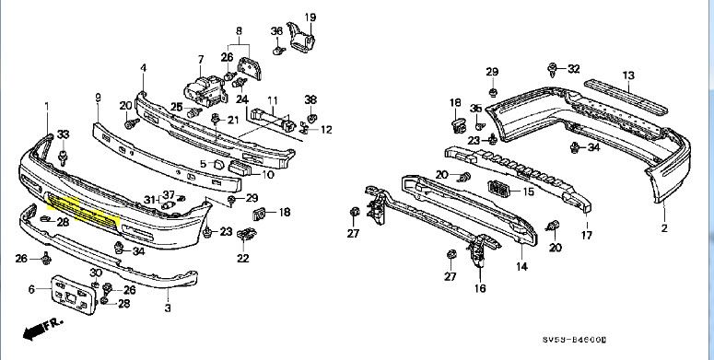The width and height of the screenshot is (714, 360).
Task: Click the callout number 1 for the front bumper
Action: pyautogui.click(x=47, y=107)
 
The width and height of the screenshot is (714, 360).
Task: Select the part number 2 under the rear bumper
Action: pyautogui.click(x=664, y=228)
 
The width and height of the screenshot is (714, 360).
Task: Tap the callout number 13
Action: pyautogui.click(x=628, y=75)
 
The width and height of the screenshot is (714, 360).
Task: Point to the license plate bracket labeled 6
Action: pyautogui.click(x=75, y=295)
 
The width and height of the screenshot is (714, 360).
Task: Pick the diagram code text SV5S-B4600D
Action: pyautogui.click(x=574, y=340)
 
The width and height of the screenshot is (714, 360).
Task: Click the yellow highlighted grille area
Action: pyautogui.click(x=83, y=210)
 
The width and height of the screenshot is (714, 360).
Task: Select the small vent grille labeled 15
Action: pyautogui.click(x=497, y=189)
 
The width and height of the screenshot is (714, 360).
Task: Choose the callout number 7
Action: pyautogui.click(x=201, y=60)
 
